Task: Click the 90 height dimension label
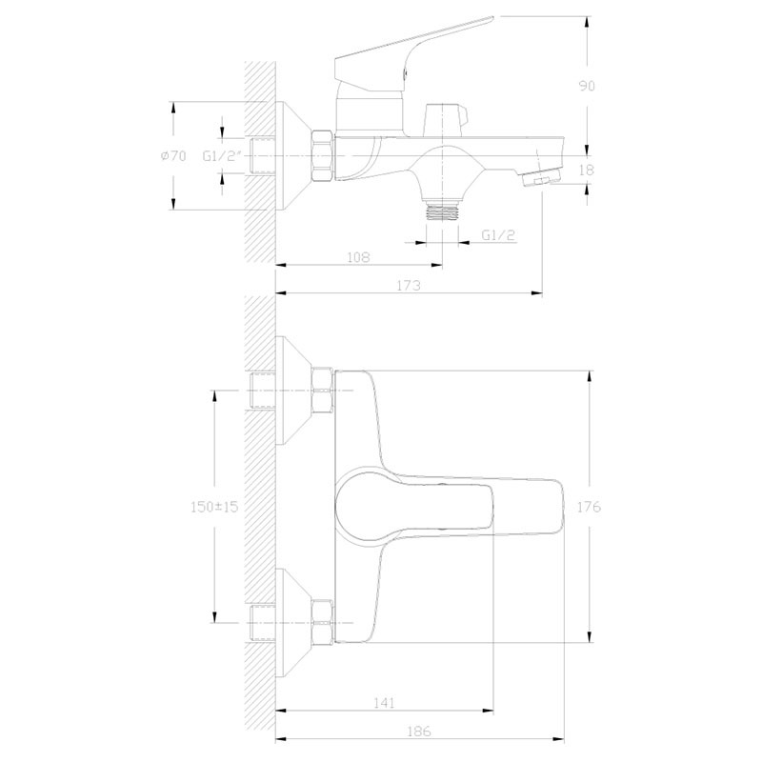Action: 587,86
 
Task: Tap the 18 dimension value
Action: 587,170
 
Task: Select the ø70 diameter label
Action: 173,156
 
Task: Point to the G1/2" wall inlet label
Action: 222,156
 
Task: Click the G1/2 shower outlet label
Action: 498,235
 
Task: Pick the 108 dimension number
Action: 358,257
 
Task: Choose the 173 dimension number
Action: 409,285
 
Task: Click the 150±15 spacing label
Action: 213,507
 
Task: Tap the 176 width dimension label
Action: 589,507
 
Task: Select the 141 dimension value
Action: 385,702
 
